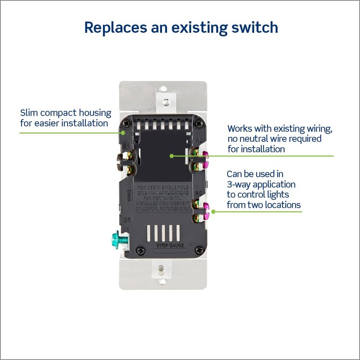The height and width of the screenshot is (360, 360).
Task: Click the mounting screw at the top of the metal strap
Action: pyautogui.click(x=166, y=102)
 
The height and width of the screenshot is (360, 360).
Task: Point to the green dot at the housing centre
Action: pyautogui.click(x=171, y=156)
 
